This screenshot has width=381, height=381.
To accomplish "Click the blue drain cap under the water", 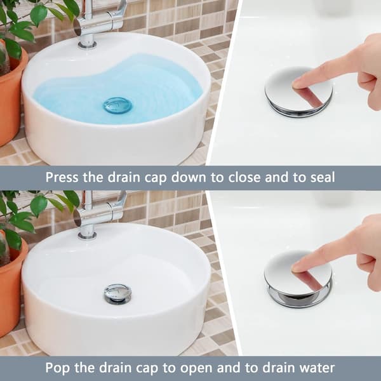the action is point(117,105).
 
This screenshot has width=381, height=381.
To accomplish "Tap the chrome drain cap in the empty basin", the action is point(117,293).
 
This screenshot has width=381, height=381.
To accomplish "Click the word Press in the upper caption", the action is point(62,177).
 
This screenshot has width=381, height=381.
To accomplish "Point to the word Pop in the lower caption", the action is point(57,368).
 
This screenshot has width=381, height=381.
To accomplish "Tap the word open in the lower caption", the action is point(188,368).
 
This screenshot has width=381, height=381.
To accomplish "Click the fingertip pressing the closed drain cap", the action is point(297,84).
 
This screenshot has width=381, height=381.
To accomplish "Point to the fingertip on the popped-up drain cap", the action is point(297,267).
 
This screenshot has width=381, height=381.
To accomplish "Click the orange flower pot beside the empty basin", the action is point(11,284).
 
